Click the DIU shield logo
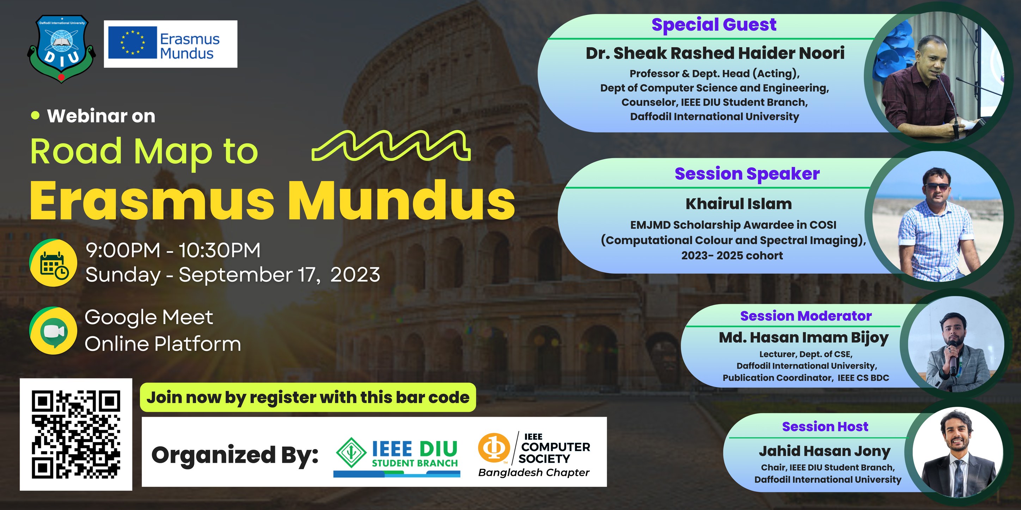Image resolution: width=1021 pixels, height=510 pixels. tap(61, 48)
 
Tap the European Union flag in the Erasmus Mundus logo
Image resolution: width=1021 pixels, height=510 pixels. tap(132, 43)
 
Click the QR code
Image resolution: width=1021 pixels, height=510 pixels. tap(76, 434)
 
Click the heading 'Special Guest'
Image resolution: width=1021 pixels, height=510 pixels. tap(714, 25)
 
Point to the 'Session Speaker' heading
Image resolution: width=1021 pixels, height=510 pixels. tap(747, 174)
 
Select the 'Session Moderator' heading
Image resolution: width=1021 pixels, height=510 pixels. tap(806, 316)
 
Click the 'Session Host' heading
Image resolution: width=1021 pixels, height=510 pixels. tap(825, 427)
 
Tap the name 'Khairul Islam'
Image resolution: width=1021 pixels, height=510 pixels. tap(739, 204)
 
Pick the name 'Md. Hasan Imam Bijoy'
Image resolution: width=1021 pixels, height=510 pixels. tap(804, 337)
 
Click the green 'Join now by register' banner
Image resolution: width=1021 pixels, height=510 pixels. tap(308, 397)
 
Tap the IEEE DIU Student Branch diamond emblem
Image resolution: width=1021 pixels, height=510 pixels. tap(351, 453)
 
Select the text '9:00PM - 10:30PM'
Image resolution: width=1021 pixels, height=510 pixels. tap(173, 250)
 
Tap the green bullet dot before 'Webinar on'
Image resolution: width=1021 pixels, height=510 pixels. tap(36, 115)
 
